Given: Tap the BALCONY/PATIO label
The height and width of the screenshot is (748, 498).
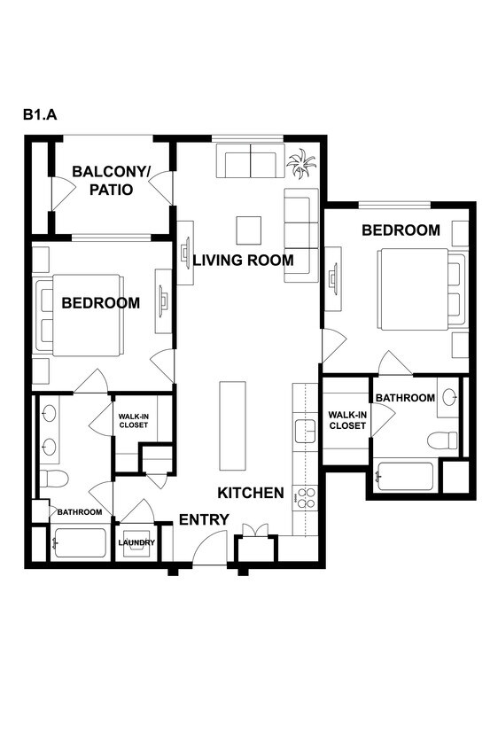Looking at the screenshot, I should pos(104,180).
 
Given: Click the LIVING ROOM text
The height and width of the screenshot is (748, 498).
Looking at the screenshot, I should pos(243,260).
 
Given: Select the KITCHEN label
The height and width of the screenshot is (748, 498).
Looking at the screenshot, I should pos(251,493).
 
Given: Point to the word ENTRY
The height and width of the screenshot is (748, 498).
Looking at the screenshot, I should pos(204,519).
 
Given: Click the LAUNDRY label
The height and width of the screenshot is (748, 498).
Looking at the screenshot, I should pos(136,543).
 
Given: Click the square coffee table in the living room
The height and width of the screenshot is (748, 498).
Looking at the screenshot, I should pos(249,230).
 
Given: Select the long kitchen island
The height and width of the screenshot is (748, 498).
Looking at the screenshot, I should pos(232,426).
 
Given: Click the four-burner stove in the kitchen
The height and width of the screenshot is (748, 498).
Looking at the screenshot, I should pos(305,497).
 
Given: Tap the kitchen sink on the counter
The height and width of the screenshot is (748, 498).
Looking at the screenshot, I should pos(305,432).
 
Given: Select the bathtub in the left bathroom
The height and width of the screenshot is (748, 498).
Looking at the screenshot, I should pos(79,542).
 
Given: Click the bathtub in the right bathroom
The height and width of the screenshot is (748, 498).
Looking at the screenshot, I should pos(404,476).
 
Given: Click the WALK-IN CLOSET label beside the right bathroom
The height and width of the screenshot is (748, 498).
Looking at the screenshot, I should pos(346,420).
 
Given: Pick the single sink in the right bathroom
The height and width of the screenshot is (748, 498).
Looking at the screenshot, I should pos(449,397).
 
